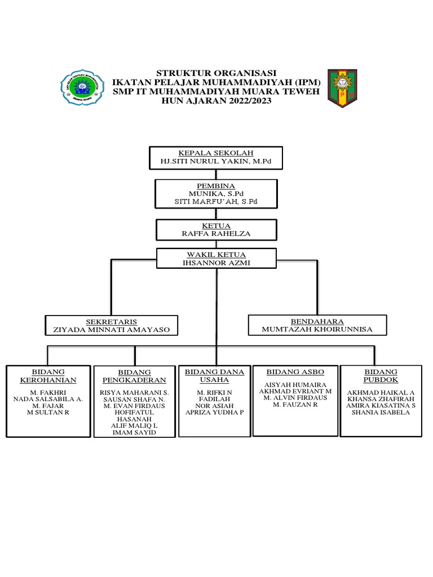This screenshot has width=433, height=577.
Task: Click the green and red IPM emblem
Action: pos(342,88)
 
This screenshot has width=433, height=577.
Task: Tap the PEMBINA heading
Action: pos(216,185)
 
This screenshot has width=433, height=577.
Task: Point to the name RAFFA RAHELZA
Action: pos(216,234)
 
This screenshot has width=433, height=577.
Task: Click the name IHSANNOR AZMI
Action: pos(216,263)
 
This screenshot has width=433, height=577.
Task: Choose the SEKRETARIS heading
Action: pos(111,321)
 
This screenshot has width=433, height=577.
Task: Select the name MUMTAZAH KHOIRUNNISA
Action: pos(317,330)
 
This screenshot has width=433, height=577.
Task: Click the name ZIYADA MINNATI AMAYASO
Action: pos(111,330)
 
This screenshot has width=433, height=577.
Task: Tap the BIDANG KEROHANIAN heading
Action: pos(48,376)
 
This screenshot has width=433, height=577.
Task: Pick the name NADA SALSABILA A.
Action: pos(48,399)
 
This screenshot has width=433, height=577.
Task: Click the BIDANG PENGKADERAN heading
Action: pos(135,376)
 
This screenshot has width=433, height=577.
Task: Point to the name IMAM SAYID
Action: pos(135,433)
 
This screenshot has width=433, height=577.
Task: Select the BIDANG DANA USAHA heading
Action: pos(215,376)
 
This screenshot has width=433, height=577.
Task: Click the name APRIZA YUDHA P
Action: pos(215,412)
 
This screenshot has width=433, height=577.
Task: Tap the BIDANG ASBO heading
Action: pos(295,372)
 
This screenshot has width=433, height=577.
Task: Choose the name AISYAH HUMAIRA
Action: pos(295,384)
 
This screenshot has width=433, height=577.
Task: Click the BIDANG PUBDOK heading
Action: pos(381,376)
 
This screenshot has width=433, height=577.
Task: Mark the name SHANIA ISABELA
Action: pos(381,412)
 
